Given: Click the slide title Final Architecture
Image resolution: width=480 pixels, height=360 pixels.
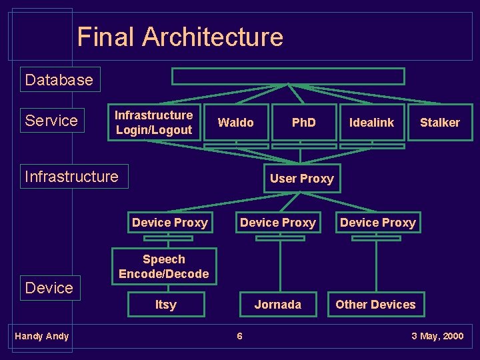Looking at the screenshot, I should [180, 37].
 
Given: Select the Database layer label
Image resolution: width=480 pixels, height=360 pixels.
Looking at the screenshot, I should [59, 80].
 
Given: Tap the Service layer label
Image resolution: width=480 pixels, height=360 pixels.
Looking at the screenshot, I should [52, 121].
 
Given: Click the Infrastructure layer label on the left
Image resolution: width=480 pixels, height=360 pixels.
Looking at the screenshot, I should [72, 177].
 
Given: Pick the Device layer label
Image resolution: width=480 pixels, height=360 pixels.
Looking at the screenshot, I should [49, 288].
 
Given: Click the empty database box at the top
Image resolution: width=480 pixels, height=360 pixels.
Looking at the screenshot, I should [288, 77].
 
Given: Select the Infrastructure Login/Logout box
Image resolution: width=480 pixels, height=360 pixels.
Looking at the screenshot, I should [154, 123].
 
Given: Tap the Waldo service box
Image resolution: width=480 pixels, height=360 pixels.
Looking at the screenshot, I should [236, 122].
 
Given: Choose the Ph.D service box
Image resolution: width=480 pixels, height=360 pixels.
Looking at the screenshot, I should [304, 122].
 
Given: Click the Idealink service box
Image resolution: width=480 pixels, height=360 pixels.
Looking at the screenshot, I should [372, 122].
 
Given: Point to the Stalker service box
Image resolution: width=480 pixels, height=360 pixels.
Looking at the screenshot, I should [439, 122].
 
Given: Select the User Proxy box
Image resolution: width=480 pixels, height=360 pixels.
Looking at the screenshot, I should [301, 178].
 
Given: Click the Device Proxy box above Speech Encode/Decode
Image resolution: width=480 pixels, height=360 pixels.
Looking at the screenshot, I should [170, 223].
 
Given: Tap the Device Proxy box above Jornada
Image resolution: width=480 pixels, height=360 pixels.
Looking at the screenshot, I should [278, 223].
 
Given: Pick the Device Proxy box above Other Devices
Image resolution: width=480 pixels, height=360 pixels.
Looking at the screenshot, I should [378, 223].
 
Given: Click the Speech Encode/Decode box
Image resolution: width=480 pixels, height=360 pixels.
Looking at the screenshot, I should [164, 267].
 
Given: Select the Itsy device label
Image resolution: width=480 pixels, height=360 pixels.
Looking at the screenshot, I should [166, 305].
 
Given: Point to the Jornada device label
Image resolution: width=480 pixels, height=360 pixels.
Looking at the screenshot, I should [278, 305].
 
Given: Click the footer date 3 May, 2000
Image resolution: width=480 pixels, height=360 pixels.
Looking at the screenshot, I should [437, 336].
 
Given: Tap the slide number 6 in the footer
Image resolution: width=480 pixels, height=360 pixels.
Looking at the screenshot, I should [240, 336].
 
